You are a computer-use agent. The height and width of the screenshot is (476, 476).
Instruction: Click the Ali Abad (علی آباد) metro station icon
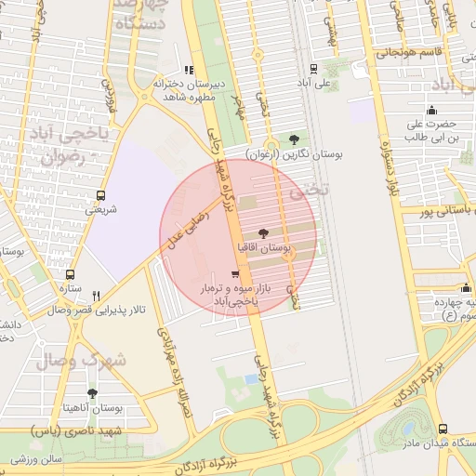pyautogui.click(x=312, y=68)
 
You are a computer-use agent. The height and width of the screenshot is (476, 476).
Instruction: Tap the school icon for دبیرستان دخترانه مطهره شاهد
pyautogui.click(x=190, y=69)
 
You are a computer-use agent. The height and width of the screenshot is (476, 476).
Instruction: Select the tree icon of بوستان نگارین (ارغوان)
pyautogui.click(x=295, y=139)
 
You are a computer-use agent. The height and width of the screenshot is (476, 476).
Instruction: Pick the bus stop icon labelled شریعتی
pyautogui.click(x=100, y=195)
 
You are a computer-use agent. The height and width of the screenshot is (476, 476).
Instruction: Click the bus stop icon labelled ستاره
pyautogui.click(x=69, y=274)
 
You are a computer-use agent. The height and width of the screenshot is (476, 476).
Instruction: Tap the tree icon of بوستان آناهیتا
pyautogui.click(x=91, y=393)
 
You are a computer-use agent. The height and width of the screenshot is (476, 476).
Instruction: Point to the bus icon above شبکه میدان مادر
pyautogui.click(x=442, y=429)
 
